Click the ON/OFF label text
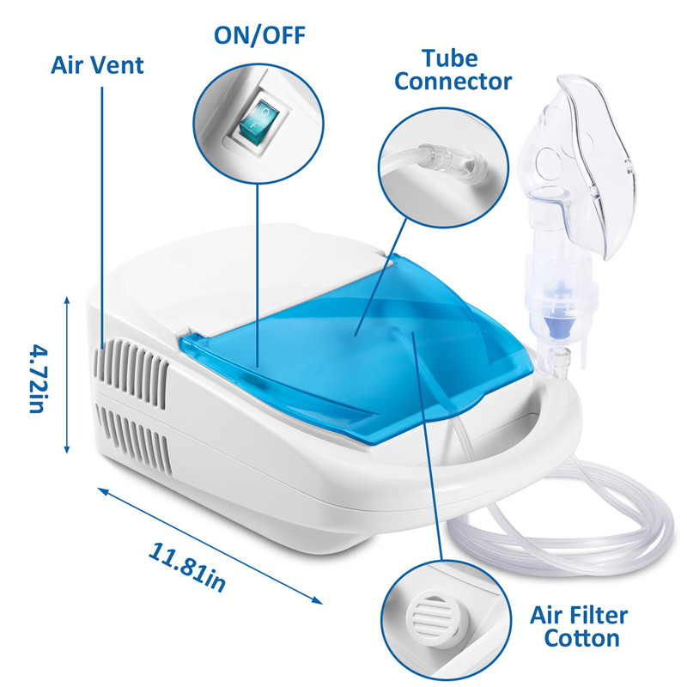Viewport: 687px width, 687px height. [259, 36]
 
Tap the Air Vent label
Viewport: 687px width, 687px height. [97, 65]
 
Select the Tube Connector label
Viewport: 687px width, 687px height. [453, 70]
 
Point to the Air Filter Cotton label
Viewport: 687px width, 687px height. [579, 627]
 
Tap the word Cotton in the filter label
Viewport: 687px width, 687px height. [582, 638]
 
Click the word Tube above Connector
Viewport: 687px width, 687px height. [449, 58]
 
